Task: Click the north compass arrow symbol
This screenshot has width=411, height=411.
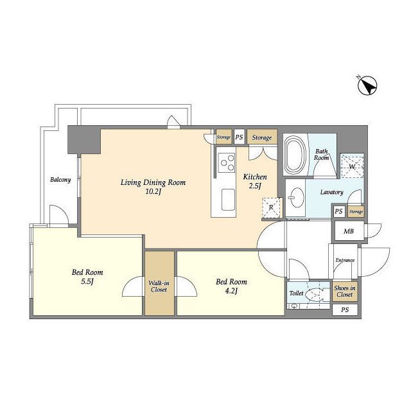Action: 367,85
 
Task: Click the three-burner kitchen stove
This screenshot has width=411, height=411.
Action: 227,162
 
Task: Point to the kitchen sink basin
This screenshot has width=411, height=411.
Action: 228,200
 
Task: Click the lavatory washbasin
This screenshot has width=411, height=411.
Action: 296,198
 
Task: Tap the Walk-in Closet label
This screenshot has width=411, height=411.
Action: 159,286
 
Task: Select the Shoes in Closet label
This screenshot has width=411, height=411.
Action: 344,291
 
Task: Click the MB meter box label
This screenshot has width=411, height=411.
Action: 349,231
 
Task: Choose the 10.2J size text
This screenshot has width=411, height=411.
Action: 153,191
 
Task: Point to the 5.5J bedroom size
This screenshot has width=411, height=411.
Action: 87,281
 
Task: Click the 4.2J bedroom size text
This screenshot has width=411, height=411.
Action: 231,291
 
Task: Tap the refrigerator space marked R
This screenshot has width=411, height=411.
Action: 272,207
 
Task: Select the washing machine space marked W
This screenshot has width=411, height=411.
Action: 352,166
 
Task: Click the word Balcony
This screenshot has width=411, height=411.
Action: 60,180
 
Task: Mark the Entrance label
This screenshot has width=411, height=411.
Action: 345,260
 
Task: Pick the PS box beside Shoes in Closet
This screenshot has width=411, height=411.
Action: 345,310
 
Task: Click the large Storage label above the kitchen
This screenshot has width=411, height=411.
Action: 261,137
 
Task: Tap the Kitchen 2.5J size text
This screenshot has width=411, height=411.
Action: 255,186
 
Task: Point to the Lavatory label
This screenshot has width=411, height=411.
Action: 331,192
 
